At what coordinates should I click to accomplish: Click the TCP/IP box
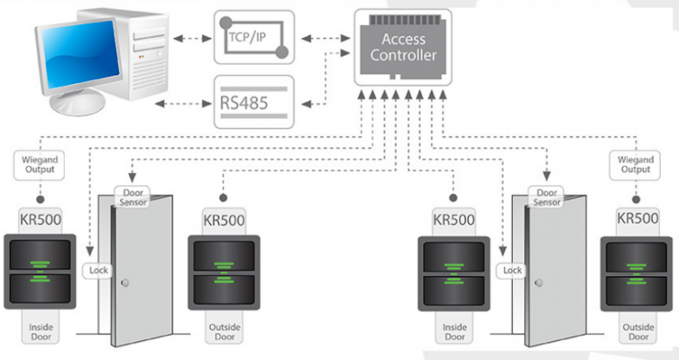click(254, 37)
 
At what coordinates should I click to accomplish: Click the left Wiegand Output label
click(38, 164)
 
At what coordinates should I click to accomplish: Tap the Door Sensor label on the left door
click(134, 196)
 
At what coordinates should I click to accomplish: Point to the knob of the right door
click(538, 282)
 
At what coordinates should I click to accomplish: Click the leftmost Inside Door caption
click(41, 331)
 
